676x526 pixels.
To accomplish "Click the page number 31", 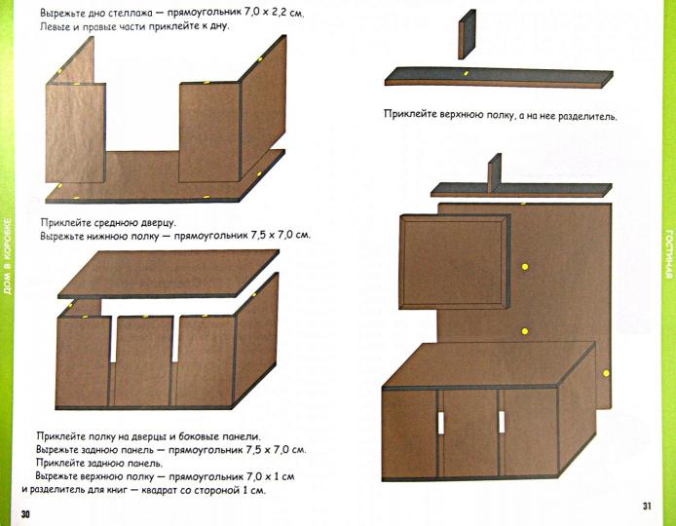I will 647,505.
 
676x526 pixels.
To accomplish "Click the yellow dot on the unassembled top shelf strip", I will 467,73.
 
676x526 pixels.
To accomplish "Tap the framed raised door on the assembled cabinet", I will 455,260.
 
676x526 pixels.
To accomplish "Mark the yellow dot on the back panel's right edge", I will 607,373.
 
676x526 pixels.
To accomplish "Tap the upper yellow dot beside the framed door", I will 525,265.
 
